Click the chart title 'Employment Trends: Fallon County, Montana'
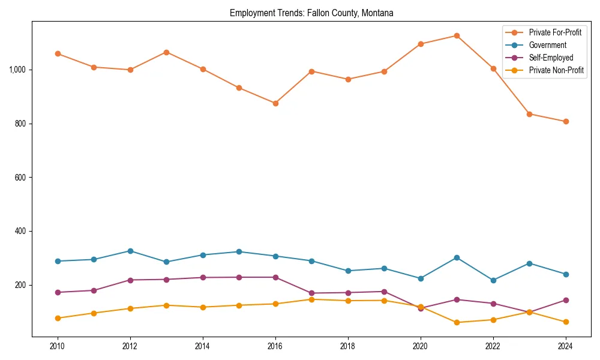click(311, 13)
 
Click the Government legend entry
click(547, 45)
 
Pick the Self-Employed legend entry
click(551, 58)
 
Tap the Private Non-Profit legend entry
click(556, 71)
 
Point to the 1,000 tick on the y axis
click(17, 70)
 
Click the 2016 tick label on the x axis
click(275, 346)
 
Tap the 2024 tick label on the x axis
click(565, 346)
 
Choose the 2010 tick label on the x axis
click(58, 346)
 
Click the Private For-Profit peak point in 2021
click(457, 36)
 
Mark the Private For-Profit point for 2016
click(275, 103)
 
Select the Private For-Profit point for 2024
click(565, 122)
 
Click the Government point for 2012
click(130, 251)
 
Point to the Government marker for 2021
click(457, 257)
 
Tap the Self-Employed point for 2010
click(58, 292)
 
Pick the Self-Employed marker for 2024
click(565, 300)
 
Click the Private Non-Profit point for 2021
click(457, 322)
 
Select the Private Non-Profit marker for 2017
click(311, 299)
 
